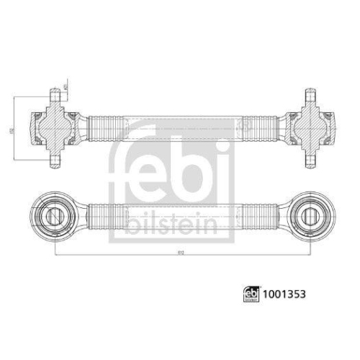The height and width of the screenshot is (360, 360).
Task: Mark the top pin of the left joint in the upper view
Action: click(55, 96)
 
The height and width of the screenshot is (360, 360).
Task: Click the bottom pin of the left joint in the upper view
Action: click(55, 160)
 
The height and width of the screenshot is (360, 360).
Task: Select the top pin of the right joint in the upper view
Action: click(309, 96)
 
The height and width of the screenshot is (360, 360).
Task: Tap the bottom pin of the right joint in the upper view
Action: click(309, 160)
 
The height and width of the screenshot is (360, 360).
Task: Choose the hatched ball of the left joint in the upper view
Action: click(55, 128)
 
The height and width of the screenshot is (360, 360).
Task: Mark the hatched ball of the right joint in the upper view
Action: click(309, 128)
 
